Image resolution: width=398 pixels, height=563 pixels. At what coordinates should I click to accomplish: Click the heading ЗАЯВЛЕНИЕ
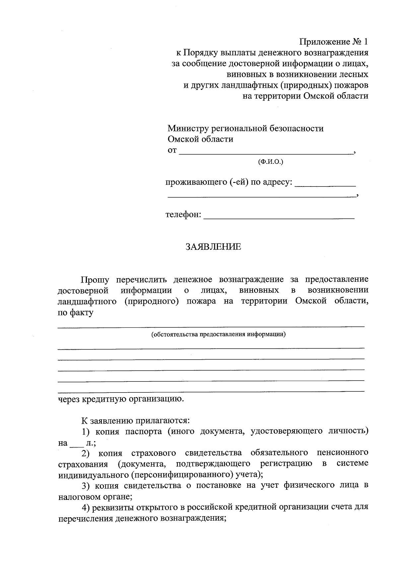(213, 247)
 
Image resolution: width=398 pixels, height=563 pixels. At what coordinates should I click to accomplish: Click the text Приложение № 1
(334, 42)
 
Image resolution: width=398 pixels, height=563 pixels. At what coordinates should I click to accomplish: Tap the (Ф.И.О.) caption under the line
(270, 162)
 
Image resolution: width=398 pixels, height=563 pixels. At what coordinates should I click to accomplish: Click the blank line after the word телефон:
(279, 217)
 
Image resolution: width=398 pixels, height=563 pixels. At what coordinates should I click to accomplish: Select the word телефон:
(183, 215)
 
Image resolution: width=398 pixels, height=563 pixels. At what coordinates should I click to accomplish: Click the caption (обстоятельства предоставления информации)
(218, 334)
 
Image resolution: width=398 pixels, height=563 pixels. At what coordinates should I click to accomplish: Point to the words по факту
(76, 313)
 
